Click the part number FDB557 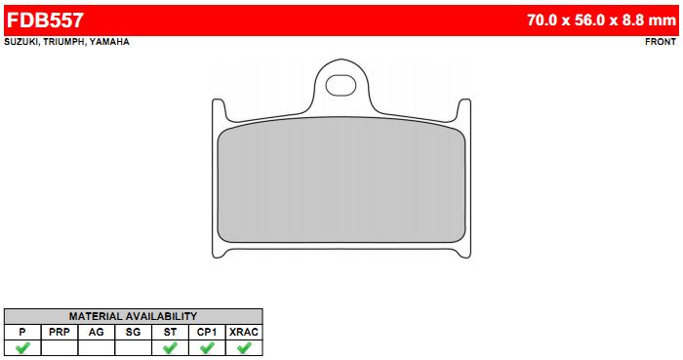click(45, 20)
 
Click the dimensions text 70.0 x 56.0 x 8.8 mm click(601, 20)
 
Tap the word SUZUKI click(20, 42)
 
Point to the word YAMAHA click(109, 42)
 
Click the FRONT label click(661, 42)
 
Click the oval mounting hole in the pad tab click(341, 85)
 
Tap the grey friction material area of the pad click(341, 180)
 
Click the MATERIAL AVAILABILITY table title click(133, 316)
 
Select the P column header click(22, 332)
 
